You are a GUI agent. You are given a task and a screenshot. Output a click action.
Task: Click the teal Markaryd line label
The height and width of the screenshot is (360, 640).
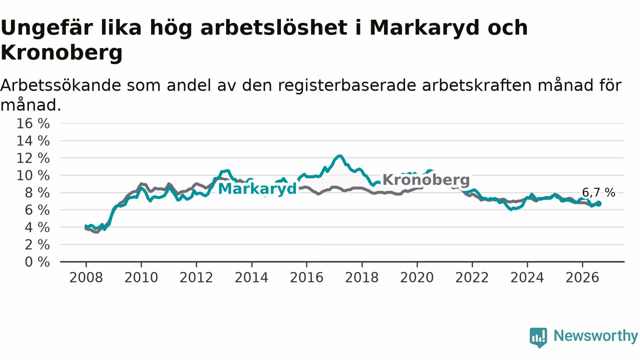257,189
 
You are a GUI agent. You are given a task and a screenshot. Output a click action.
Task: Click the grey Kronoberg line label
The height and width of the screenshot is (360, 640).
426,179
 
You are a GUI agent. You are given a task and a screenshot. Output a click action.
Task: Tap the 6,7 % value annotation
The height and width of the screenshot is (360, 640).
598,192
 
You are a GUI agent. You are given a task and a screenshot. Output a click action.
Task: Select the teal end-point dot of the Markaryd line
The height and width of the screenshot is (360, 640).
598,203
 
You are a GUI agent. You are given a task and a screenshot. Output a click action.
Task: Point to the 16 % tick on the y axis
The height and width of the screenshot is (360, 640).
33,123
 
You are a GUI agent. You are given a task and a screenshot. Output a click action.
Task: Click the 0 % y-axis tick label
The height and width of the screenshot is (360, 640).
37,262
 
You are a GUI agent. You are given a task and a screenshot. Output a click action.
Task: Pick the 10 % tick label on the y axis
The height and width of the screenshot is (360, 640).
33,175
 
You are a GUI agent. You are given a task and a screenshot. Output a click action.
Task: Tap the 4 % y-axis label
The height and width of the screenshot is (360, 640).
37,227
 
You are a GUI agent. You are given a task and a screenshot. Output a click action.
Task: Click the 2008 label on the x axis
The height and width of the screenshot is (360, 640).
86,277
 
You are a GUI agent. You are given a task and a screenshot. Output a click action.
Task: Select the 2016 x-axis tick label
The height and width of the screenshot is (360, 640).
306,277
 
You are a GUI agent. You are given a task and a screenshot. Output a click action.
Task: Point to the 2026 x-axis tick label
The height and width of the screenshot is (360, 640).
582,277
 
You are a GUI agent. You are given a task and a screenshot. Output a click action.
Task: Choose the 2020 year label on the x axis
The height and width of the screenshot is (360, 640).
417,277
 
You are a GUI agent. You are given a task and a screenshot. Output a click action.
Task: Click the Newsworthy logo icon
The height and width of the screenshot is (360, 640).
538,337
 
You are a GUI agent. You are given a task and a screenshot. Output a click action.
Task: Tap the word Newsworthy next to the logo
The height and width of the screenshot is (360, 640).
595,335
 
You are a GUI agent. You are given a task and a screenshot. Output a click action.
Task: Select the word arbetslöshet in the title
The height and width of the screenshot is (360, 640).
274,27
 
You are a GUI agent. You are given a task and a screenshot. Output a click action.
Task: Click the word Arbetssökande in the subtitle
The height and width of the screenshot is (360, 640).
60,85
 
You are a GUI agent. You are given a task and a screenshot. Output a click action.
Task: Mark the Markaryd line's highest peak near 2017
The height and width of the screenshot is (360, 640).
339,156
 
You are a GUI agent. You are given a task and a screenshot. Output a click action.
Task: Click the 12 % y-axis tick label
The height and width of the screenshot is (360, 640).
33,158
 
